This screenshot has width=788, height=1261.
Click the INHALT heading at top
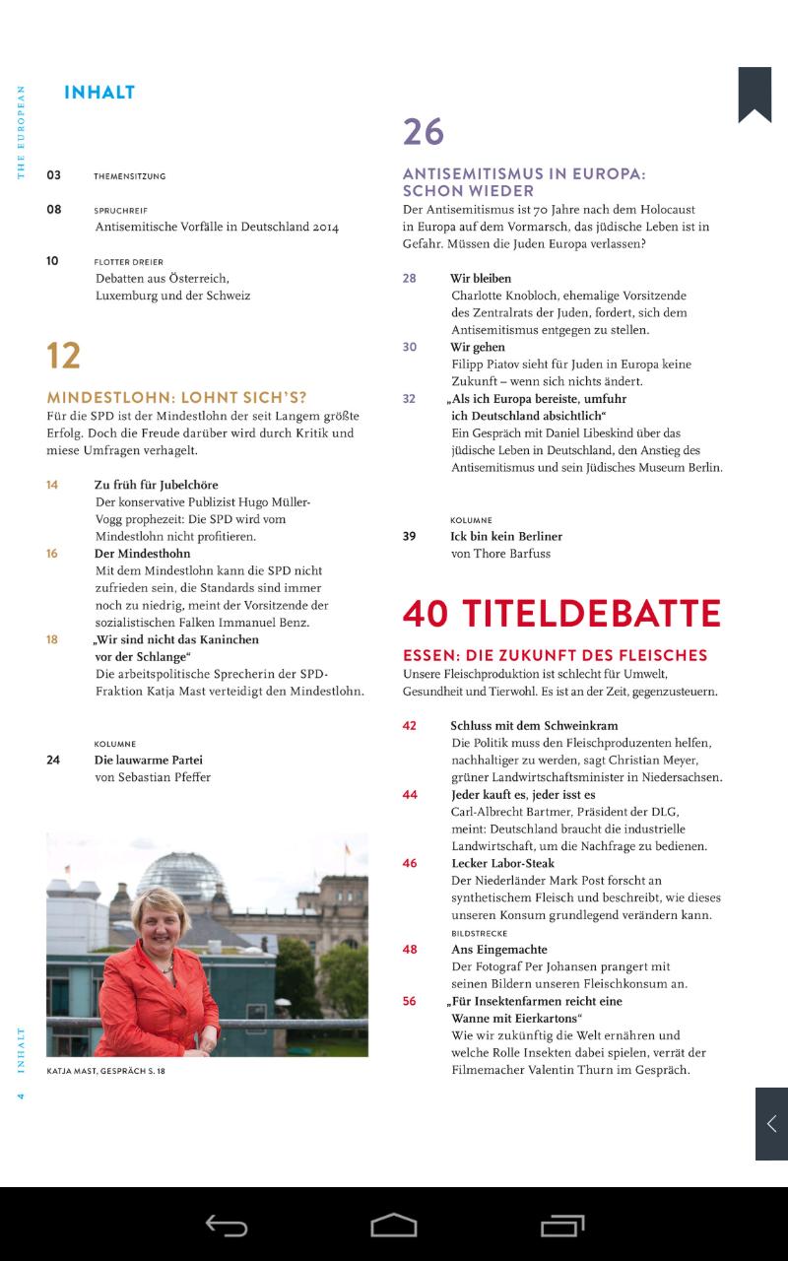[x=99, y=93]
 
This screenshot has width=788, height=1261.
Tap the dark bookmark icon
[x=755, y=94]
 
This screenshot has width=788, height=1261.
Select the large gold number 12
[x=64, y=356]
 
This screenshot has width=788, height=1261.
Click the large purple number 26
[x=424, y=132]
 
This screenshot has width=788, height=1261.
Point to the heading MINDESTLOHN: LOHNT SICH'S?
[x=177, y=398]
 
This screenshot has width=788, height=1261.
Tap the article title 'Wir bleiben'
[x=481, y=279]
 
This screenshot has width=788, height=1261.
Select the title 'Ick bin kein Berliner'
[x=506, y=537]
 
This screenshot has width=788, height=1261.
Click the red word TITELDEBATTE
[x=592, y=613]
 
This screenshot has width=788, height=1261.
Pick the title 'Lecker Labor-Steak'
[x=502, y=863]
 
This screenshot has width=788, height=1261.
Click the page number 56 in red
[x=410, y=1001]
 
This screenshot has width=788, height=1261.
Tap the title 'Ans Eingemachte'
[x=498, y=950]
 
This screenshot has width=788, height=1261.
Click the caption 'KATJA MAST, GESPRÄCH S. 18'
[x=106, y=1070]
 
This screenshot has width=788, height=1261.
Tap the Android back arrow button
[x=226, y=1225]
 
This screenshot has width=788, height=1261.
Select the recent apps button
[x=562, y=1225]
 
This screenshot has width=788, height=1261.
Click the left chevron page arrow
[x=771, y=1124]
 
